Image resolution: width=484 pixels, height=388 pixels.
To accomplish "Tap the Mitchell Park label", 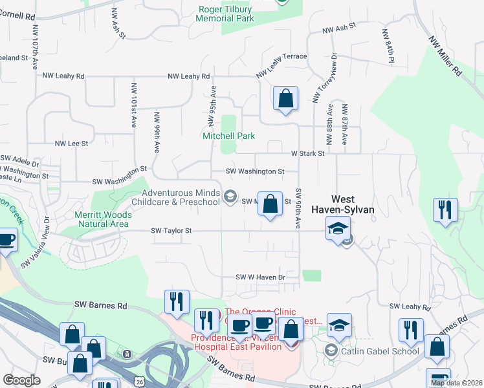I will point(228,136).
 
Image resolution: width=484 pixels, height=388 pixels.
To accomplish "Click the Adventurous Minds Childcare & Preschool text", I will point(181,197).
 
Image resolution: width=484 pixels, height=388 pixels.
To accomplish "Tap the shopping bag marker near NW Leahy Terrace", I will point(285,100).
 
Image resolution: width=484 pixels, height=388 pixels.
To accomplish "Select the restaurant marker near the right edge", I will point(446,211).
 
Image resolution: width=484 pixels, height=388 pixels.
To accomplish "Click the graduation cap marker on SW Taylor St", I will point(338,230).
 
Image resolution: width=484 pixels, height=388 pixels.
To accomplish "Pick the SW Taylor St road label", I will point(171,230).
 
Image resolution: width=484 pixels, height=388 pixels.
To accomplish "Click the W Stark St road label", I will point(307,154).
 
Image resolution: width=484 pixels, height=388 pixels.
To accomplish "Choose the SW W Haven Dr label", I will point(260,277).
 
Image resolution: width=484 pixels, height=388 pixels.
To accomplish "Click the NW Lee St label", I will point(71,144).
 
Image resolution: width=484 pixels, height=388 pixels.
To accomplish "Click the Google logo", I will point(21,380).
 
